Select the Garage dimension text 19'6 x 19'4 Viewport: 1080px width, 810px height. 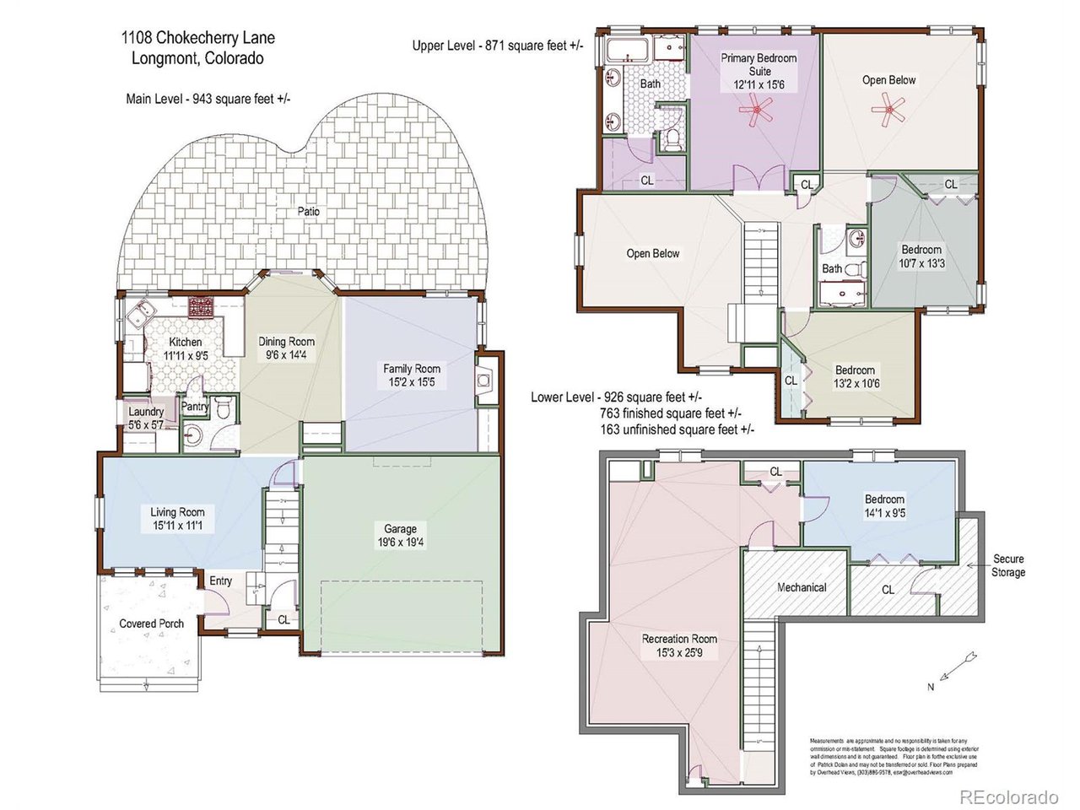[401, 543]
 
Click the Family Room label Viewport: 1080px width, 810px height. [412, 369]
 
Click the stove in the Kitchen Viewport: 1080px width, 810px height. [202, 305]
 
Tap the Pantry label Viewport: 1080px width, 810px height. [195, 407]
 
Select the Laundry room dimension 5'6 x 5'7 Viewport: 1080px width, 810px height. [146, 425]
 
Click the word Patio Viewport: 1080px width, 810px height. [308, 211]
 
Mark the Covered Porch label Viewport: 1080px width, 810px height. [151, 624]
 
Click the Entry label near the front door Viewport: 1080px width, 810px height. [220, 581]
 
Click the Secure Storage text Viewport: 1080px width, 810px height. [1007, 565]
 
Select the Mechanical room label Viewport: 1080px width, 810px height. [801, 587]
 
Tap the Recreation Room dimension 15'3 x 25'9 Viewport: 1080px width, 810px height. [679, 652]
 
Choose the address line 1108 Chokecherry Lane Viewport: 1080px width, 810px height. [197, 38]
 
